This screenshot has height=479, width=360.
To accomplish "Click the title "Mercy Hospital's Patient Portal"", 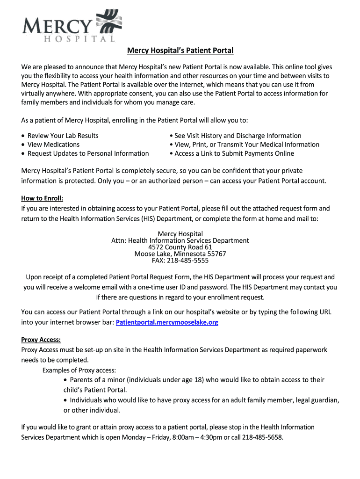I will (180, 51).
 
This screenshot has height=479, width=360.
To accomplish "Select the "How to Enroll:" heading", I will (42, 198).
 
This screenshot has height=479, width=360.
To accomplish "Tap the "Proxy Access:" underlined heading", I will (41, 340).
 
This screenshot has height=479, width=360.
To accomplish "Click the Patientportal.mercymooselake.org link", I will (167, 322).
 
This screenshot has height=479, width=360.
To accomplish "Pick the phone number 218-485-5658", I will (263, 437).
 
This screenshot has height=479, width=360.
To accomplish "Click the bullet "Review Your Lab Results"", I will (63, 136).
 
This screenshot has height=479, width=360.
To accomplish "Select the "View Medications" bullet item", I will (53, 145).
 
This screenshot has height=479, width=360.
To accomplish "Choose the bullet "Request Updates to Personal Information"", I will (88, 153).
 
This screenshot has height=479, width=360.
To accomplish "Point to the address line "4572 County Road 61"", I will (180, 247).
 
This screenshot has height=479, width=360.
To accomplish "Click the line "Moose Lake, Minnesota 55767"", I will (180, 254).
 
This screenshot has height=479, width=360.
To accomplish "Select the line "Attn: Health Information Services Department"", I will (180, 240).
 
